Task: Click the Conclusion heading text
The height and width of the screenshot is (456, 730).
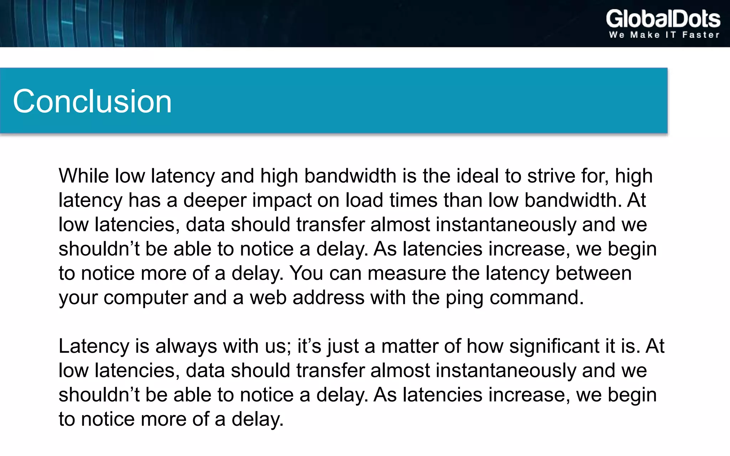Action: pos(92,102)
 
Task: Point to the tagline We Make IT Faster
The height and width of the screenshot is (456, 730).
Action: pos(664,35)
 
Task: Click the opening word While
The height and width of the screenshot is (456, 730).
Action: pos(83,176)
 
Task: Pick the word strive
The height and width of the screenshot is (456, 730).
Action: pos(551,176)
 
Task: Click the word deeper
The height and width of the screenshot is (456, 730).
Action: pos(215,200)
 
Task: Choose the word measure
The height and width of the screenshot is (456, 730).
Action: pos(406,273)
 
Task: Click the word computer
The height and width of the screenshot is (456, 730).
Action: pos(145,297)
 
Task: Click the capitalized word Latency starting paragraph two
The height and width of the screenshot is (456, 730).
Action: pos(94,346)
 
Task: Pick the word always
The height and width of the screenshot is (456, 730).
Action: pos(186,346)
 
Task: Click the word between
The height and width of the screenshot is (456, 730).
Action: pos(593,273)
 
